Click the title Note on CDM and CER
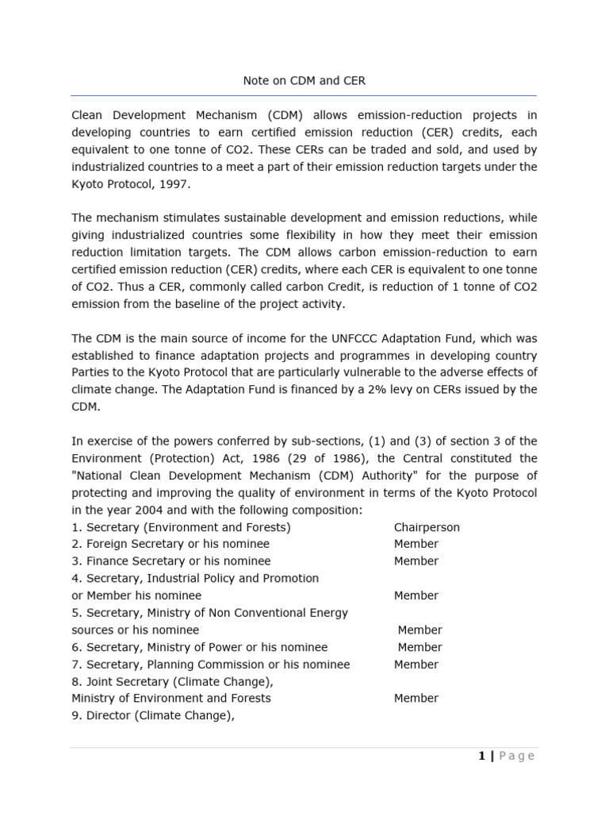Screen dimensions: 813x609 click(x=304, y=81)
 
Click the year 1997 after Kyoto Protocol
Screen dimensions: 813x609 click(x=176, y=183)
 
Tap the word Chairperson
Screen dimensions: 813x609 click(x=427, y=527)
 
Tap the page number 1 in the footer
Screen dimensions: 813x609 click(x=481, y=756)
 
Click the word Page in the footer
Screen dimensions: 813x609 click(x=517, y=756)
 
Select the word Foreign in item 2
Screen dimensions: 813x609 click(x=109, y=544)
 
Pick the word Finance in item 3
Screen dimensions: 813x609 click(x=107, y=561)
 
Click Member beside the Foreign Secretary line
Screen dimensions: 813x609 click(x=416, y=544)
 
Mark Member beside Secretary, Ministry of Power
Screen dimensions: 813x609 click(x=420, y=647)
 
